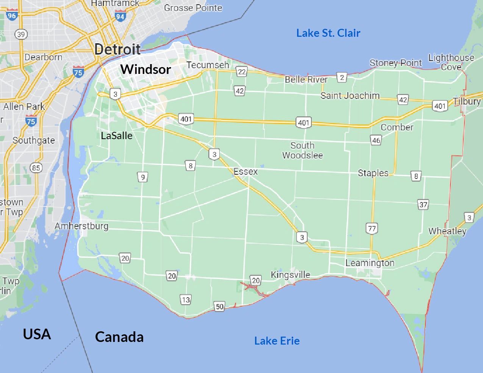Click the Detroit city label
[x=117, y=49]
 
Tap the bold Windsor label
[x=146, y=69]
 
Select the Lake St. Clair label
[x=328, y=33]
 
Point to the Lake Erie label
[x=277, y=341]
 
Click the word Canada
[x=119, y=337]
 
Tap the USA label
[x=37, y=334]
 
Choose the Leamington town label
[x=370, y=263]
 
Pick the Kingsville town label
[x=291, y=275]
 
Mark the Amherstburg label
[x=81, y=226]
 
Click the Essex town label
[x=245, y=171]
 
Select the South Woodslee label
[x=302, y=150]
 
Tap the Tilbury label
[x=467, y=101]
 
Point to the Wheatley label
[x=447, y=231]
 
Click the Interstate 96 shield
[x=12, y=16]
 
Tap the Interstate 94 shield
[x=120, y=17]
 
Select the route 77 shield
[x=372, y=228]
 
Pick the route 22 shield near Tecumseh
[x=241, y=71]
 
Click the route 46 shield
[x=376, y=140]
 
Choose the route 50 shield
[x=219, y=306]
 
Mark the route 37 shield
[x=423, y=205]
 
